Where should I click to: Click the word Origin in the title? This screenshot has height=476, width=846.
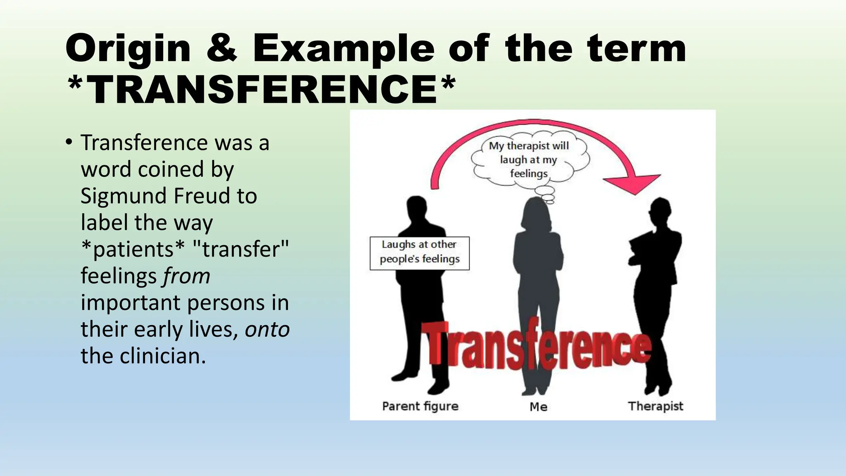click(128, 49)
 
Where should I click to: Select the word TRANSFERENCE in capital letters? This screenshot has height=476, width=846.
click(262, 89)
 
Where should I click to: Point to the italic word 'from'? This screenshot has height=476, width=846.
click(186, 276)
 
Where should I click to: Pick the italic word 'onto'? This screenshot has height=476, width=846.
click(267, 329)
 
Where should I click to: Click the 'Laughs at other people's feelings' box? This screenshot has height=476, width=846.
click(419, 253)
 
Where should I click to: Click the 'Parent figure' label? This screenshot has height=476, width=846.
click(420, 406)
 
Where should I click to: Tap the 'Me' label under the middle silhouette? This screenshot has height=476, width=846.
click(538, 407)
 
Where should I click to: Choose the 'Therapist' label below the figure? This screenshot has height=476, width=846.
click(656, 406)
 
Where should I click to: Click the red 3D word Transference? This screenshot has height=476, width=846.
click(537, 347)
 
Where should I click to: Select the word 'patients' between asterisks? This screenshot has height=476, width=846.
click(133, 249)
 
